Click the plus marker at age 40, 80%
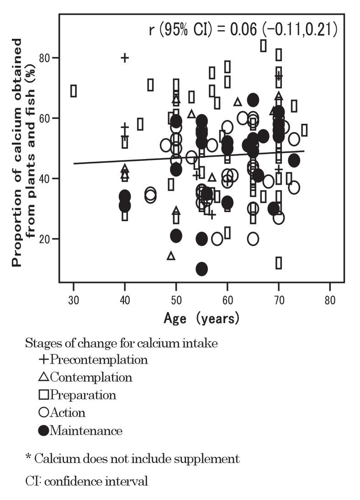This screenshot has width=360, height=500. pyautogui.click(x=125, y=58)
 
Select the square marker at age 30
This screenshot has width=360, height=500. pyautogui.click(x=74, y=91)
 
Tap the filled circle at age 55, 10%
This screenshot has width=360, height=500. pyautogui.click(x=201, y=269)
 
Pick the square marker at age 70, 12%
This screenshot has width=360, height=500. pyautogui.click(x=278, y=263)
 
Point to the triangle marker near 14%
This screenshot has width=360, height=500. pyautogui.click(x=171, y=255)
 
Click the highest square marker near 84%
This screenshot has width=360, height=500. pyautogui.click(x=263, y=46)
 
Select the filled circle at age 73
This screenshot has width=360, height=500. pyautogui.click(x=294, y=160)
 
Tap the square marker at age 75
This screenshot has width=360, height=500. pyautogui.click(x=304, y=130)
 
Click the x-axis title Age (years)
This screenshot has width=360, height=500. pyautogui.click(x=201, y=318)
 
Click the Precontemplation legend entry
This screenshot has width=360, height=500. pyautogui.click(x=94, y=359)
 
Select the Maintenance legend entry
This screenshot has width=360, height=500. pyautogui.click(x=81, y=431)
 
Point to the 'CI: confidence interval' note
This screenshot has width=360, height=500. pyautogui.click(x=87, y=481)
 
